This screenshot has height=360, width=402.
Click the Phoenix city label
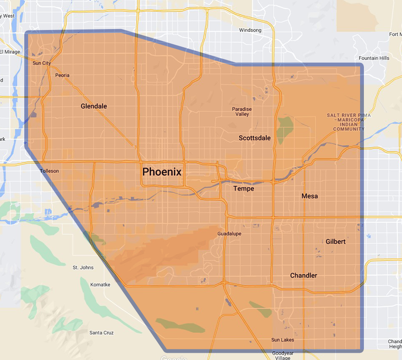pyautogui.click(x=162, y=172)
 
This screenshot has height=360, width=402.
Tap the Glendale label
pyautogui.click(x=94, y=106)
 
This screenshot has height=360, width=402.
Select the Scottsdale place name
pyautogui.click(x=254, y=138)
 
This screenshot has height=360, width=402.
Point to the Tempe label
pyautogui.click(x=243, y=189)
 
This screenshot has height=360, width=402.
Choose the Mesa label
pyautogui.click(x=310, y=196)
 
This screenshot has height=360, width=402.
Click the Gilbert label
pyautogui.click(x=336, y=241)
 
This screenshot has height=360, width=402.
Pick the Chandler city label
pyautogui.click(x=303, y=276)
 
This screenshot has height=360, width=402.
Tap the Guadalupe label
pyautogui.click(x=229, y=234)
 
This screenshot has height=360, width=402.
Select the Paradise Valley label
pyautogui.click(x=242, y=112)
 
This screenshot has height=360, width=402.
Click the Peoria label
pyautogui.click(x=62, y=75)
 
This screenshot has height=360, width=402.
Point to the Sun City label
pyautogui.click(x=41, y=63)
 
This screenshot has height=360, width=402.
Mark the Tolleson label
pyautogui.click(x=50, y=171)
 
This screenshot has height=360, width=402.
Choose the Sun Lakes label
pyautogui.click(x=282, y=340)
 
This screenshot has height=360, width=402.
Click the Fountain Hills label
pyautogui.click(x=374, y=58)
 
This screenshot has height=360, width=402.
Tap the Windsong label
pyautogui.click(x=250, y=30)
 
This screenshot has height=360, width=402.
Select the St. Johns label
pyautogui.click(x=83, y=268)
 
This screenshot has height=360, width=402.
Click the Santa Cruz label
pyautogui.click(x=101, y=333)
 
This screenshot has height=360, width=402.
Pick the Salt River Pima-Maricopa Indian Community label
pyautogui.click(x=349, y=122)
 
